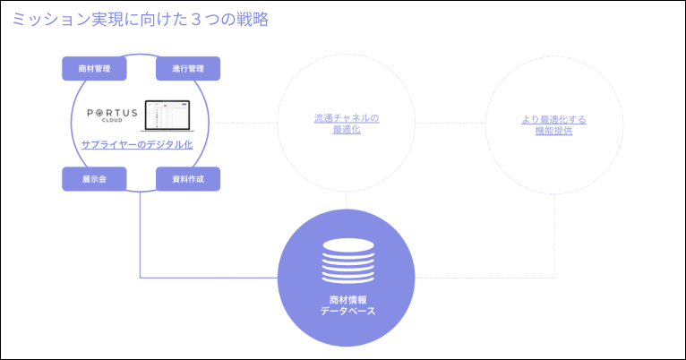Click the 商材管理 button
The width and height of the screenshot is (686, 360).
(94, 69)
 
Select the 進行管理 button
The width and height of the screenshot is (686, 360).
(188, 69)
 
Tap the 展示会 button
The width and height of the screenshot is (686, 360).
(94, 179)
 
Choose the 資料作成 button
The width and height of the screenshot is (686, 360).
(188, 179)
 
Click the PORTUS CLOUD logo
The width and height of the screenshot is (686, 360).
(113, 116)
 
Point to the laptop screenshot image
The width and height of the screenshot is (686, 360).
(167, 116)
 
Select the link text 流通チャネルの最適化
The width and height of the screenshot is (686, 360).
(347, 124)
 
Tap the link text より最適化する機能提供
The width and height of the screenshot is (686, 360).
(554, 125)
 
